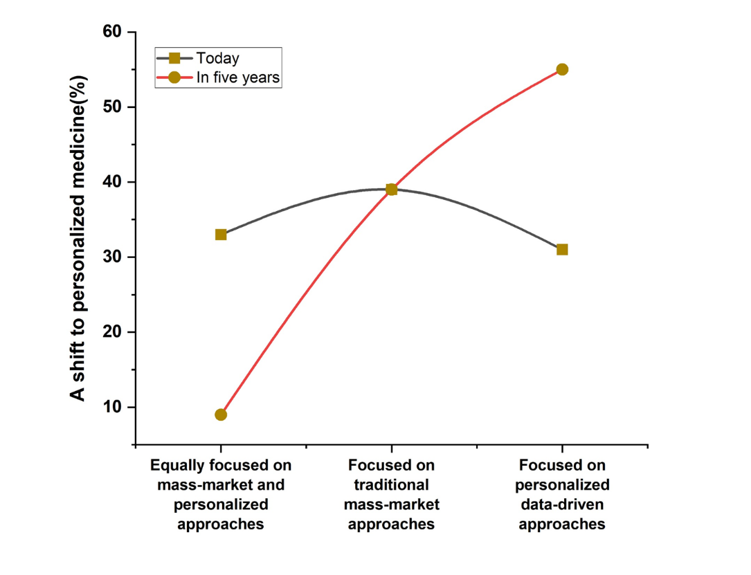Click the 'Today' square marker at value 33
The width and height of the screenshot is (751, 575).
(x=221, y=235)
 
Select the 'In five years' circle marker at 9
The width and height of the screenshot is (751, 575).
(x=221, y=414)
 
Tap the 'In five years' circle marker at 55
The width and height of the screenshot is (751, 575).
(x=562, y=69)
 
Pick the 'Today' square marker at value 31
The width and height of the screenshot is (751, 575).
(x=562, y=249)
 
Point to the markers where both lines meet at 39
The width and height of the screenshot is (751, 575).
(x=392, y=189)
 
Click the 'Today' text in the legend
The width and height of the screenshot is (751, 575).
(x=217, y=58)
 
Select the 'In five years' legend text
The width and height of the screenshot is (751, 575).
(x=238, y=77)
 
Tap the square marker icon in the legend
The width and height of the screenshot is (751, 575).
(x=174, y=58)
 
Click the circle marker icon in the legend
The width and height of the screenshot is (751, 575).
(x=174, y=77)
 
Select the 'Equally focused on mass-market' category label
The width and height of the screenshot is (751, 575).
(x=221, y=494)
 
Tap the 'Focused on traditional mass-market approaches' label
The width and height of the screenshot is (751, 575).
(x=392, y=494)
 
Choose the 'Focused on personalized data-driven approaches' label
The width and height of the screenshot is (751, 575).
(x=562, y=494)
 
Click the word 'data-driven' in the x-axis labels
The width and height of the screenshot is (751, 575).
(x=562, y=504)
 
